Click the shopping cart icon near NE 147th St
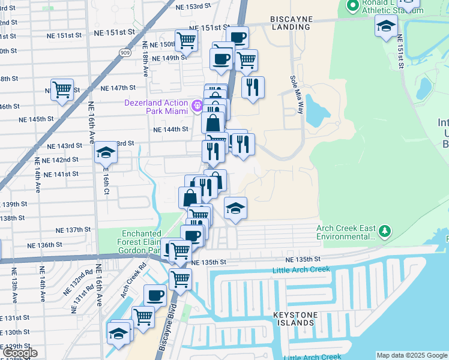pos(62,89)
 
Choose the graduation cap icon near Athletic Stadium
pos(386,25)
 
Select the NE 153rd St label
pos(194,5)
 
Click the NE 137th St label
pos(73,230)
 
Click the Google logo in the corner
pos(20,353)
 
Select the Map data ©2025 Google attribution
pos(411,355)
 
